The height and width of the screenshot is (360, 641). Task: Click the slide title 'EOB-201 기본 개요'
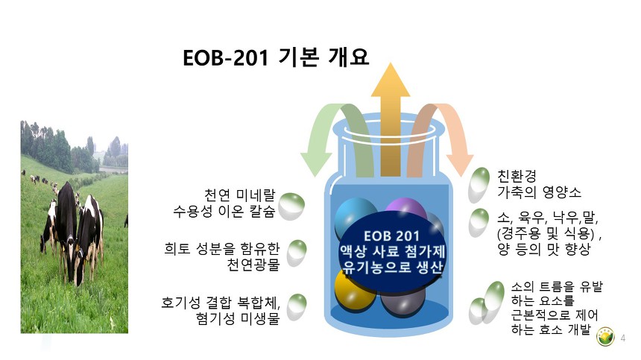pyautogui.click(x=276, y=57)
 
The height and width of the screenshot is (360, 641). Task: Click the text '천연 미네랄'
pyautogui.click(x=239, y=195)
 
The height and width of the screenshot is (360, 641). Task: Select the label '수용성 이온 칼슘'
pyautogui.click(x=224, y=211)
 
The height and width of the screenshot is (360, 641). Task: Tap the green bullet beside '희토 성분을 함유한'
pyautogui.click(x=297, y=253)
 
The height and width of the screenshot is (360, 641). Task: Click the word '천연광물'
pyautogui.click(x=253, y=265)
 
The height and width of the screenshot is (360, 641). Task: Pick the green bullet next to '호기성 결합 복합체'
pyautogui.click(x=297, y=307)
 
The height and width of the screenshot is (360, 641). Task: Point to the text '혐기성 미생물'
pyautogui.click(x=238, y=318)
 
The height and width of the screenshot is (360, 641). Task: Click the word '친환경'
pyautogui.click(x=517, y=176)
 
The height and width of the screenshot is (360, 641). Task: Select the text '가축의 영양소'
pyautogui.click(x=539, y=192)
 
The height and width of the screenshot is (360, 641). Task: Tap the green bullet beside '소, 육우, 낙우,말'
pyautogui.click(x=479, y=223)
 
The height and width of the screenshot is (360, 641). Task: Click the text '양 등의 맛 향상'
pyautogui.click(x=544, y=249)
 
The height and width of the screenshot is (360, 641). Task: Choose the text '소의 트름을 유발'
pyautogui.click(x=557, y=286)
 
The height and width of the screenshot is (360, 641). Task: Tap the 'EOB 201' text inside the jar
pyautogui.click(x=391, y=236)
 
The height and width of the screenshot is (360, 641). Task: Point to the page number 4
pyautogui.click(x=623, y=338)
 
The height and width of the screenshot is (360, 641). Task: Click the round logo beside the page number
pyautogui.click(x=605, y=336)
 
